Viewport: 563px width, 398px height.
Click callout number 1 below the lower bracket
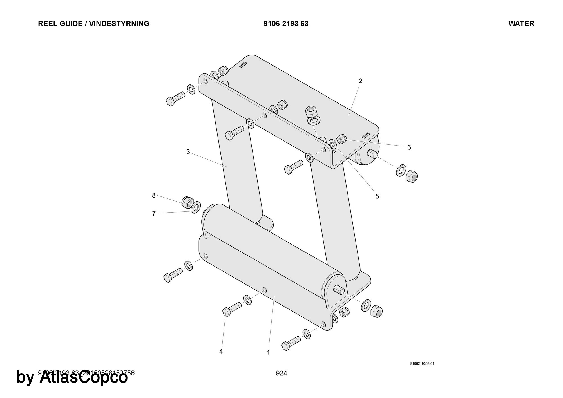pos(268,352)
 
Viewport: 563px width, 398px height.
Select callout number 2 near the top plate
pos(360,81)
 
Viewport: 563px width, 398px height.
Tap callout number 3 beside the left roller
pos(188,152)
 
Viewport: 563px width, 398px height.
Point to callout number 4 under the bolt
pos(221,352)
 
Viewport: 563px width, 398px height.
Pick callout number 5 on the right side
pos(377,196)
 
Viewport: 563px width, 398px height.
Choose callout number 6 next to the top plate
pos(409,147)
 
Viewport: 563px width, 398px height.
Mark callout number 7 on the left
pos(154,214)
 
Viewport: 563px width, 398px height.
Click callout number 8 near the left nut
pos(154,195)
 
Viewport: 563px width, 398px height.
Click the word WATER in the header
pos(521,24)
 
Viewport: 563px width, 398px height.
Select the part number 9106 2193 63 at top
pos(286,24)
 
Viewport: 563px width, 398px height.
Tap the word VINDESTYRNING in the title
pos(119,24)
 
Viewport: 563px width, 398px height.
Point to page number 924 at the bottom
pos(281,374)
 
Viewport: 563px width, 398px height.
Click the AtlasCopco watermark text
pos(83,377)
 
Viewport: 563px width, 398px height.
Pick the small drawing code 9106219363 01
pos(422,363)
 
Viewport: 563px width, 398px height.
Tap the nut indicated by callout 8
pos(187,202)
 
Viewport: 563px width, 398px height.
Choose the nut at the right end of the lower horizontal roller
pos(376,310)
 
